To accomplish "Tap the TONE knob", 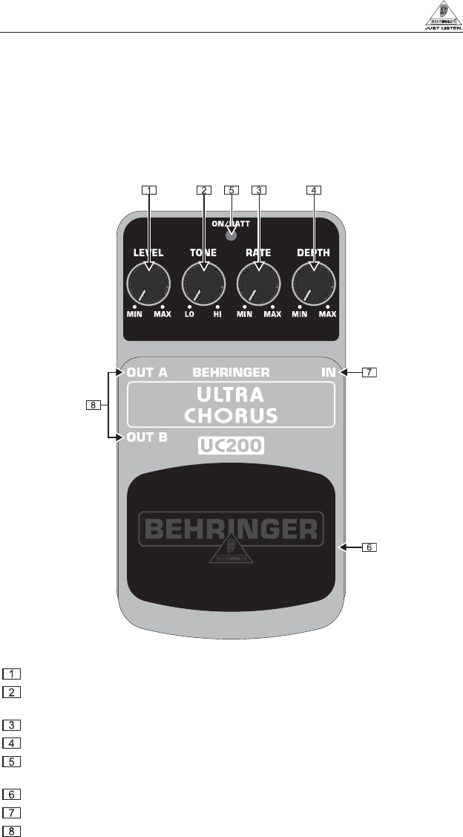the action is pos(203,284).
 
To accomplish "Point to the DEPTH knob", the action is pos(313,284).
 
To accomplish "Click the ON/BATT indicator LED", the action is pos(231,236).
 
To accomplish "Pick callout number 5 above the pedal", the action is pos(231,189).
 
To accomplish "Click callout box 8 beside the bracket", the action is pos(91,406).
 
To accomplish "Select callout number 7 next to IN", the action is pos(370,373).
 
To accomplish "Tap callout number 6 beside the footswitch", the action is pos(370,548).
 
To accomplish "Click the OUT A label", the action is pos(147,372).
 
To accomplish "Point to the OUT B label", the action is pos(147,437).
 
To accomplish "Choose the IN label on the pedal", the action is pos(328,372).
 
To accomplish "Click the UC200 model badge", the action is pos(231,446).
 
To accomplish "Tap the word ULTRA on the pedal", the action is pos(231,393).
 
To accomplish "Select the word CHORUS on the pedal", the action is pos(231,414).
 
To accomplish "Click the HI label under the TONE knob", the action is pos(217,315).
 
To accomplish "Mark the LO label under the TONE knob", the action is pos(189,315).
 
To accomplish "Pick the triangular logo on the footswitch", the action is pos(231,548).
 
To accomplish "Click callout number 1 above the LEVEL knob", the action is pos(149,189).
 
